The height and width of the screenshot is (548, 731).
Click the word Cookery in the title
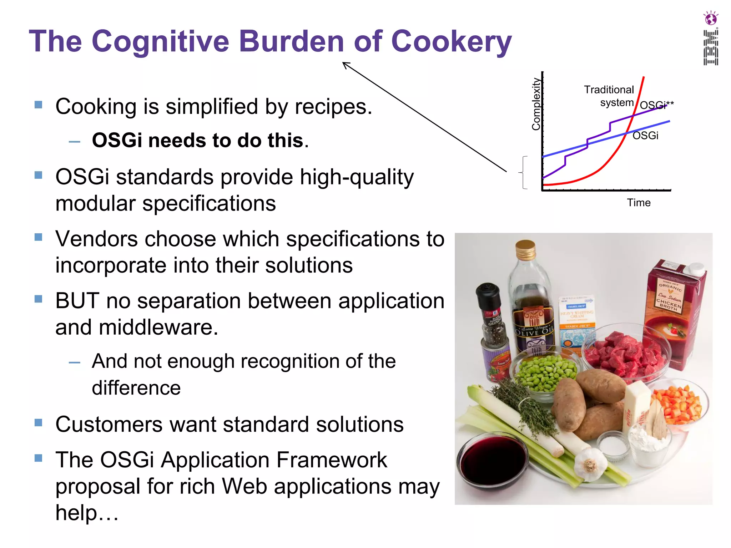451,42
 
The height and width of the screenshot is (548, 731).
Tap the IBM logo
710,48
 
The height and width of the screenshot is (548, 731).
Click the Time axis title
639,203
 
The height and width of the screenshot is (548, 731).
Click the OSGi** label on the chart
656,105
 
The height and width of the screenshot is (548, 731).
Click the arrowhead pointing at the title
345,64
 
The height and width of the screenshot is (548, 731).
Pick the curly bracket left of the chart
523,172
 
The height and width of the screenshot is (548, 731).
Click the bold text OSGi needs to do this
200,140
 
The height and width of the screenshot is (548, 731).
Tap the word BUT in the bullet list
77,301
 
